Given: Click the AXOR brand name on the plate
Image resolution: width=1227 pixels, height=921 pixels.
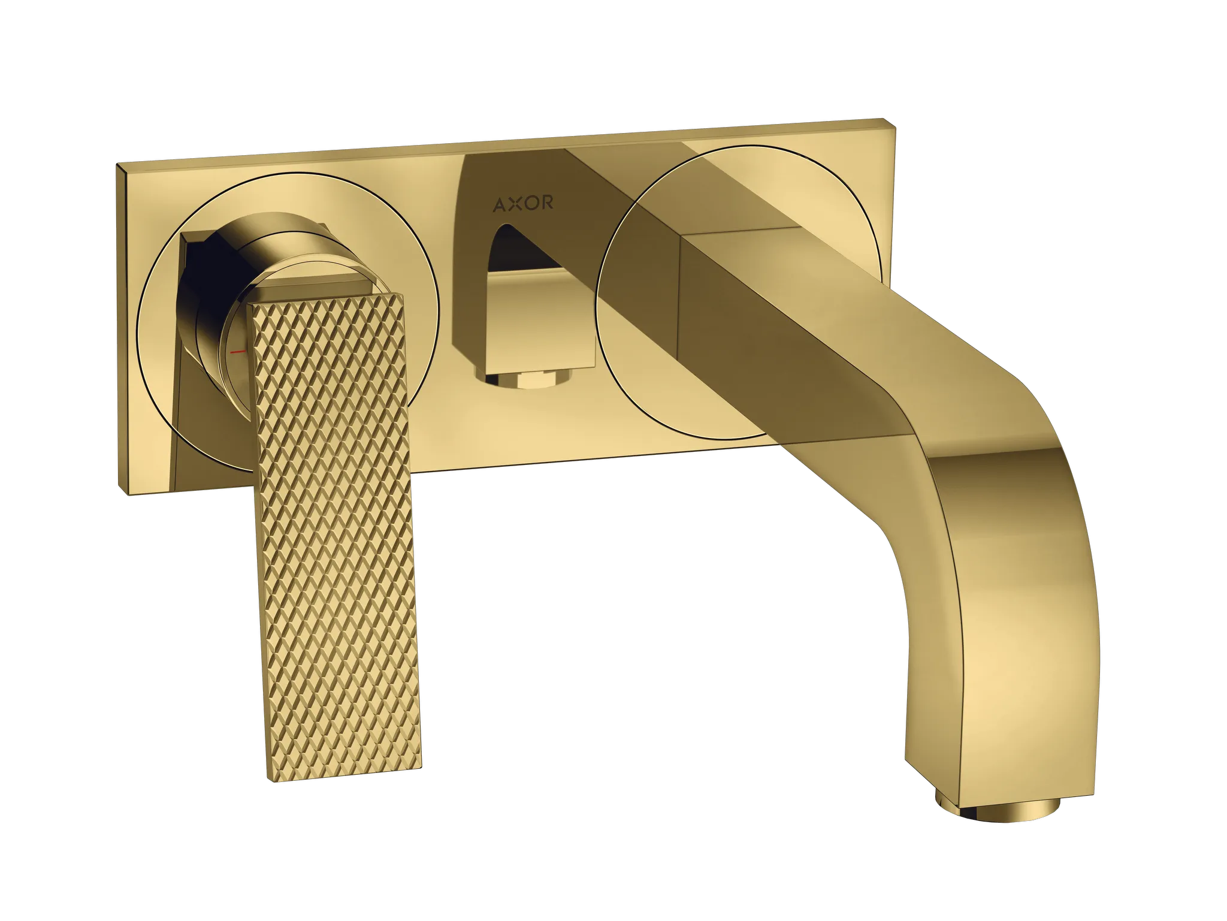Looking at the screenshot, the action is tap(523, 204).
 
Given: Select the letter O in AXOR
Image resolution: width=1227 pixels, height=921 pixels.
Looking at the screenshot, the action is tap(530, 203).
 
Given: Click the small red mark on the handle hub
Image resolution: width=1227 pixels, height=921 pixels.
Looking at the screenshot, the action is tap(238, 352).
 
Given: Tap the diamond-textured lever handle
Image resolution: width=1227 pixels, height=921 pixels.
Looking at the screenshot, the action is tap(334, 533).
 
